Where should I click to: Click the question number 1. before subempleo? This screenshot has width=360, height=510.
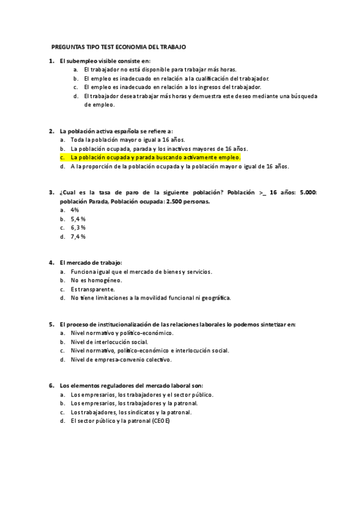point(51,61)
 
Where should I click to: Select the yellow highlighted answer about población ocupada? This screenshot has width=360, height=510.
point(155,157)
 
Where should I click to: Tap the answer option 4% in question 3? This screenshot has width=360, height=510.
point(75,210)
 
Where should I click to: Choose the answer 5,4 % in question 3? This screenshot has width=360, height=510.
point(78,219)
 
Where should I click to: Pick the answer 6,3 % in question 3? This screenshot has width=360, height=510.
point(78,228)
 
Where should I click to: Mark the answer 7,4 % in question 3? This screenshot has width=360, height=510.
point(78,237)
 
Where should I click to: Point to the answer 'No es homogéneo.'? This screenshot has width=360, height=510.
point(96,280)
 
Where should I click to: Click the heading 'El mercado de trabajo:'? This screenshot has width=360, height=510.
point(91,262)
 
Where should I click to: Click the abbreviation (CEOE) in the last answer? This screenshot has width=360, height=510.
point(161,421)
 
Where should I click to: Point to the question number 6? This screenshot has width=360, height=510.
point(51,386)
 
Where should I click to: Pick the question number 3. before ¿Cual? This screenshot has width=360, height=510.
point(51,192)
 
